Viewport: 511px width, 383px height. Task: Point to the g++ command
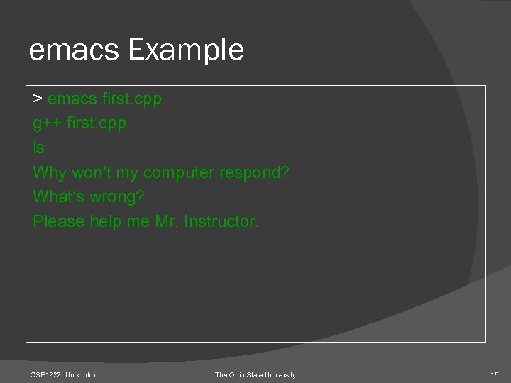pyautogui.click(x=48, y=123)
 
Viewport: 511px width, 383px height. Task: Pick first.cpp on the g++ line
pyautogui.click(x=97, y=123)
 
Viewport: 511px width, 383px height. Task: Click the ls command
pyautogui.click(x=38, y=148)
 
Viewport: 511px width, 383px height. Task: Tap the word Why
pyautogui.click(x=49, y=172)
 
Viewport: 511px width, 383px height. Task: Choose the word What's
pyautogui.click(x=57, y=197)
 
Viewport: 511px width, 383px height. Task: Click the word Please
pyautogui.click(x=59, y=222)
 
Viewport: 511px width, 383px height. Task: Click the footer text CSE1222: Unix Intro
pyautogui.click(x=63, y=374)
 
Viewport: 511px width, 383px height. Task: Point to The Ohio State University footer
pyautogui.click(x=255, y=374)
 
